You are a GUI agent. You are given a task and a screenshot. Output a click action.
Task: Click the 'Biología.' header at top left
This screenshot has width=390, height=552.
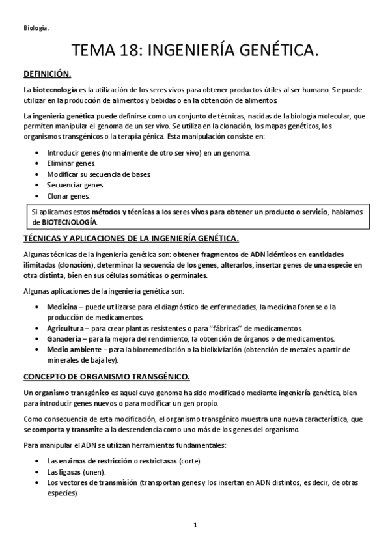[x=36, y=28]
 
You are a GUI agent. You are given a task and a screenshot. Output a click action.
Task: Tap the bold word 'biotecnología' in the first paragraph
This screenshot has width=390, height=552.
[x=54, y=89]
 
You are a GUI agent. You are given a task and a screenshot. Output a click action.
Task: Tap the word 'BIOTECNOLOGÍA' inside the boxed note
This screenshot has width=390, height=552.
[x=68, y=222]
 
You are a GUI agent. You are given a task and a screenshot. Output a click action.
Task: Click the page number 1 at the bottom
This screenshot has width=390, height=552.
[x=195, y=525]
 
